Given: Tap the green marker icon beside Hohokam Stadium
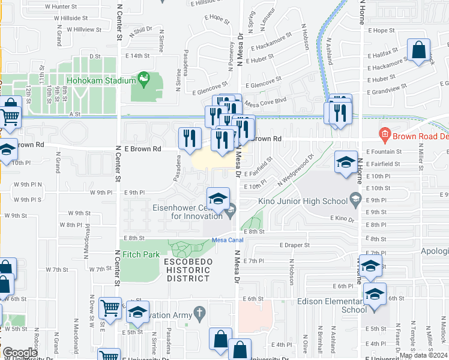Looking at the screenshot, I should pos(143,79).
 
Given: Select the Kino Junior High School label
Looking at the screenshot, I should pos(304,202).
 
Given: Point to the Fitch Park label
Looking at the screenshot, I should pos(141,254).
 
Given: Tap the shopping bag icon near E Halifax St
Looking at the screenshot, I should pos(418,50).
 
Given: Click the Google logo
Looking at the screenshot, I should pos(20,353).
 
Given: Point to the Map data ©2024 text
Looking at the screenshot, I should pos(423,355).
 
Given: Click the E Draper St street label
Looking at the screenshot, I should pos(294,245).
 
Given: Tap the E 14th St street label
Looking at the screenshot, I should pos(137,55).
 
